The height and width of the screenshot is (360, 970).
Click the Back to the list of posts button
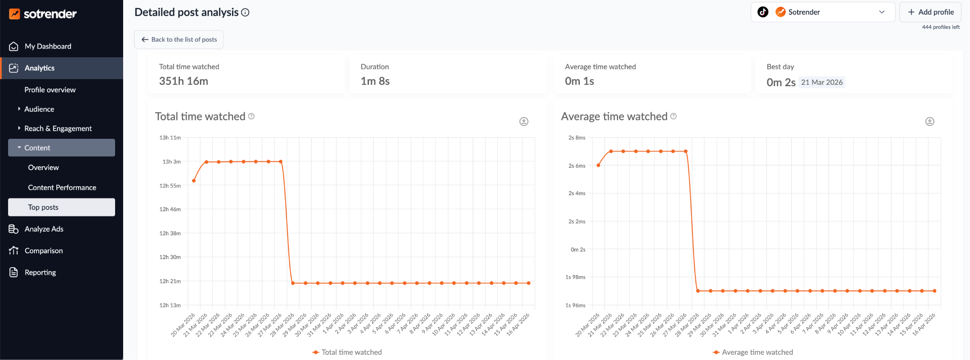(179, 39)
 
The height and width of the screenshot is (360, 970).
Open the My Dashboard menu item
(48, 46)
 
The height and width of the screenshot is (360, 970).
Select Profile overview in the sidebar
(50, 90)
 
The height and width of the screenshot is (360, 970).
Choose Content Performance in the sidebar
(62, 188)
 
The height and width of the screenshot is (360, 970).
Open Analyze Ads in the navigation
(44, 229)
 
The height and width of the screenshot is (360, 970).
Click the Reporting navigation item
(40, 272)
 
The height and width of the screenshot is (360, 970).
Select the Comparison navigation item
(44, 251)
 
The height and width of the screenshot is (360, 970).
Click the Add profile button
(930, 12)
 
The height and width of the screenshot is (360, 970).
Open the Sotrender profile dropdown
(823, 12)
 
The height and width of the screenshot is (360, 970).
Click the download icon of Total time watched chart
(524, 122)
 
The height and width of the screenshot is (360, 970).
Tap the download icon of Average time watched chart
(930, 122)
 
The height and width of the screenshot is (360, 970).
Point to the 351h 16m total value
(184, 81)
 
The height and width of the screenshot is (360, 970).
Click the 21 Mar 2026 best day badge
(822, 82)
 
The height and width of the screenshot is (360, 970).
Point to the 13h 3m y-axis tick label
(171, 162)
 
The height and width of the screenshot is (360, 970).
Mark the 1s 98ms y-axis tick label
(575, 277)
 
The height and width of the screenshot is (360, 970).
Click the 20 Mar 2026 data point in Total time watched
(194, 181)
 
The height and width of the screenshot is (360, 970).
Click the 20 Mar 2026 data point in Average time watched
(599, 165)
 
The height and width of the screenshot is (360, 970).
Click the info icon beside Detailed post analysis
(245, 13)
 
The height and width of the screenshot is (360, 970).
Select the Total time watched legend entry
(347, 352)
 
